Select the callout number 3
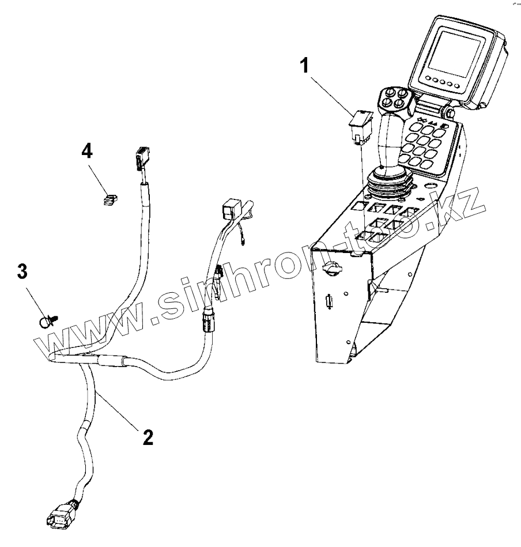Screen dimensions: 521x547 (22, 272)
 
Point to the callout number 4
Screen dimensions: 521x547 (86, 152)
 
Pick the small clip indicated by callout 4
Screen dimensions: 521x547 (109, 199)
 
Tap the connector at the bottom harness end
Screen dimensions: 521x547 (59, 514)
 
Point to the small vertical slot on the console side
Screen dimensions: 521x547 (329, 302)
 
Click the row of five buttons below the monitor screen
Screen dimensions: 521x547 (444, 81)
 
